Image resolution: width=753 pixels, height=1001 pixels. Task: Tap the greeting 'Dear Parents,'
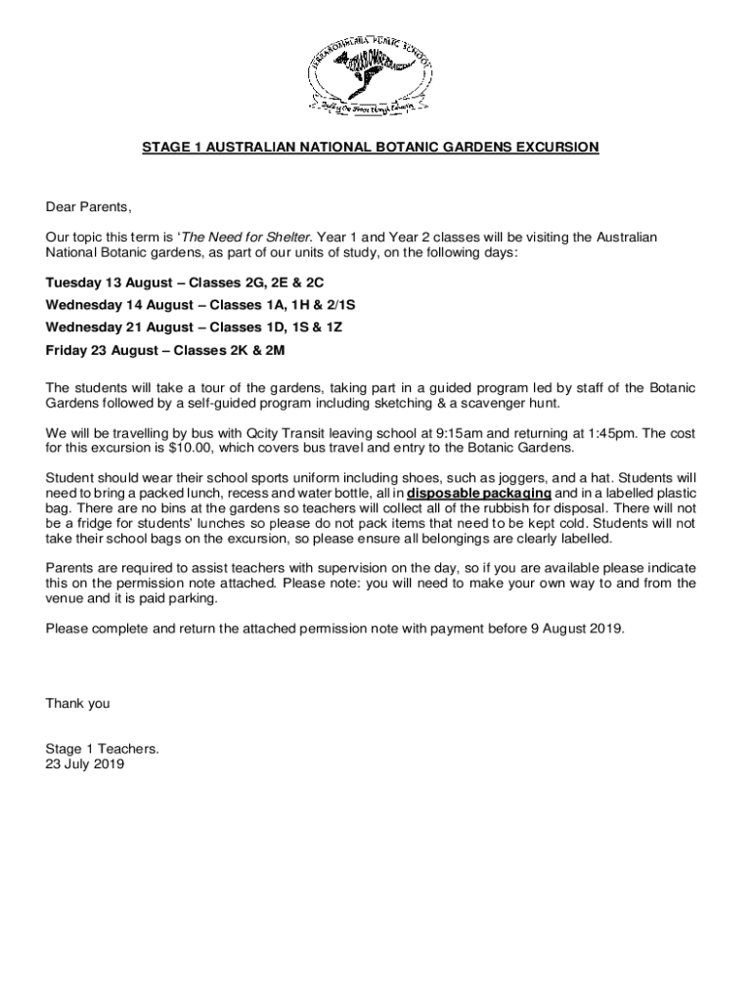(88, 207)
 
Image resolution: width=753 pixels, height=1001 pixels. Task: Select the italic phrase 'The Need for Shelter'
(246, 238)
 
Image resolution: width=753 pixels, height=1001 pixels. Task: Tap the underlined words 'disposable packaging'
(478, 494)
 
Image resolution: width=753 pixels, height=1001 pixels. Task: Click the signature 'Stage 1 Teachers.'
(102, 750)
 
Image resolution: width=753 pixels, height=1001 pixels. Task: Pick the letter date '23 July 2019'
(85, 765)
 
